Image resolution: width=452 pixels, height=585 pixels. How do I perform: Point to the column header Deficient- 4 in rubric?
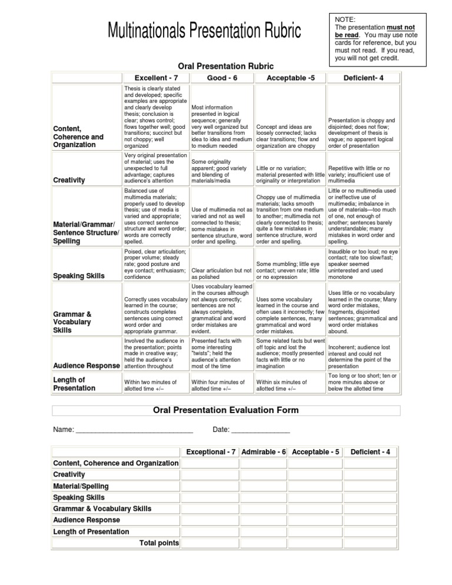(363, 78)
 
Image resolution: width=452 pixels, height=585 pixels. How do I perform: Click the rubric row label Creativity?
(69, 180)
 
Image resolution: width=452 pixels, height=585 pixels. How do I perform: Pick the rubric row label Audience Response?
(86, 365)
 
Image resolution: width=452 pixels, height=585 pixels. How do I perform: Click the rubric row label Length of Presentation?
(74, 383)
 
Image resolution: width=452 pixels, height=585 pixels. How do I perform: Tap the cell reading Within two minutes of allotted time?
(155, 385)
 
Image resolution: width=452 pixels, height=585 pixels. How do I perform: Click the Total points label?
(159, 543)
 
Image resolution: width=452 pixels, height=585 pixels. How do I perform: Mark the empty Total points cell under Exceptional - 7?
(210, 543)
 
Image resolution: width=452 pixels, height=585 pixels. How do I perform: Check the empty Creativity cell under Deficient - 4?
(371, 474)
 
